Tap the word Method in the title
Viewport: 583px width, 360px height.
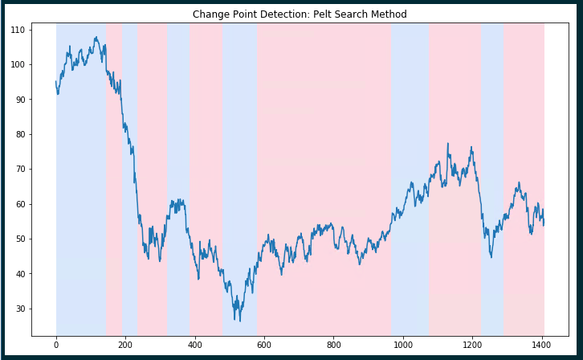(x=388, y=14)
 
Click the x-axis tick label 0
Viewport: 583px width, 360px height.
(x=56, y=346)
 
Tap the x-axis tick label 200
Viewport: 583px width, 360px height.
(x=125, y=346)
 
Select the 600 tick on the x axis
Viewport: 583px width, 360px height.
(x=264, y=346)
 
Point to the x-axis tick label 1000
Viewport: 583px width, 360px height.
(x=402, y=346)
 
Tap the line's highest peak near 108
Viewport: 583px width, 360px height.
(x=96, y=37)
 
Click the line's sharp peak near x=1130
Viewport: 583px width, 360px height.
(x=447, y=144)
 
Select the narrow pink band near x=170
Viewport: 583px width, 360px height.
(x=113, y=201)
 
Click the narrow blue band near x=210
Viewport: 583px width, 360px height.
(x=129, y=201)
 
